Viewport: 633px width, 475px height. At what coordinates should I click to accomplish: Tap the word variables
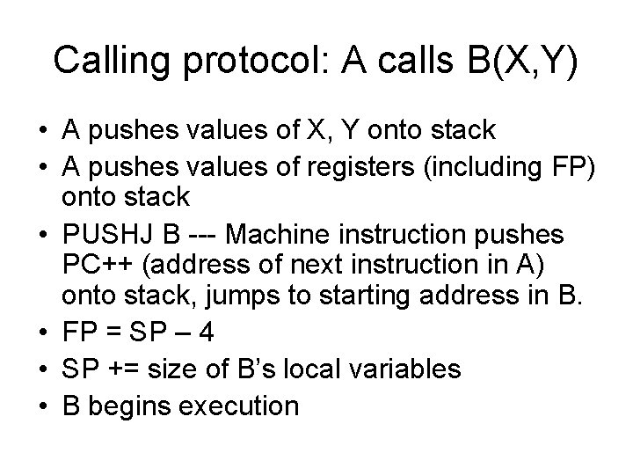406,369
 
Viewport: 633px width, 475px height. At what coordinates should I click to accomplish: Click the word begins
127,406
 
